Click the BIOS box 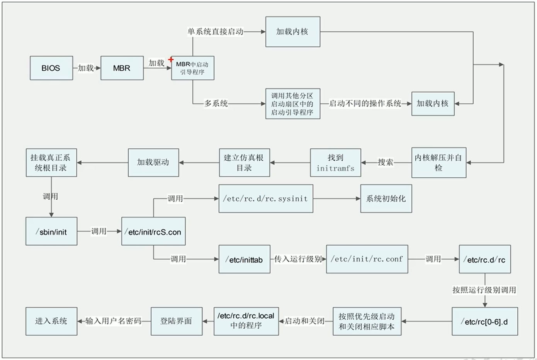pos(51,68)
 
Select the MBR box pos(122,68)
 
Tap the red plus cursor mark pos(171,59)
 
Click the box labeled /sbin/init pos(51,231)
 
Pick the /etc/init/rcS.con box pos(153,231)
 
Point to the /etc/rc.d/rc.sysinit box pos(266,199)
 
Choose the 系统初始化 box pos(386,199)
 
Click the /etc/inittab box pos(244,260)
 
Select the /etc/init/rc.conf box pos(367,259)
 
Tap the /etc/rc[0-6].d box pos(485,321)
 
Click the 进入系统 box pos(51,321)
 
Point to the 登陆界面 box pos(176,321)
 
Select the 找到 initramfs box pos(335,163)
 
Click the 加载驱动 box pos(153,163)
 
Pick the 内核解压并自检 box pos(438,163)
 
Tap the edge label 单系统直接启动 pos(216,32)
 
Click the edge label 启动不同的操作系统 pos(365,104)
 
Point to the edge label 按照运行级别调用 pos(484,290)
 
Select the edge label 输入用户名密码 pos(114,321)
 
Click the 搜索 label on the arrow pos(386,163)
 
